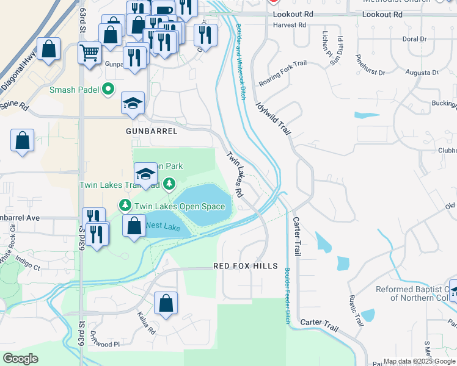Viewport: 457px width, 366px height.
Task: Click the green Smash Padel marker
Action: [108, 89]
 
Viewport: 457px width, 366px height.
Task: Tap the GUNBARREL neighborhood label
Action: [152, 131]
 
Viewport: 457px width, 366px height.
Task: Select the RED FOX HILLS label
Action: [246, 267]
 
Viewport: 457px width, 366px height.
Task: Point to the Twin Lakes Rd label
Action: [235, 174]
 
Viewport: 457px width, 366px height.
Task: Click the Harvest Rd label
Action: [290, 26]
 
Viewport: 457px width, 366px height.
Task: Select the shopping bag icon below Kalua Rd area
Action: [166, 303]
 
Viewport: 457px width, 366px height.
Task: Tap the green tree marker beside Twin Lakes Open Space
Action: [125, 205]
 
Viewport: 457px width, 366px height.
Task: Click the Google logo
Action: [21, 358]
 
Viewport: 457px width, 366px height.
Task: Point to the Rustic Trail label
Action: [353, 309]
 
